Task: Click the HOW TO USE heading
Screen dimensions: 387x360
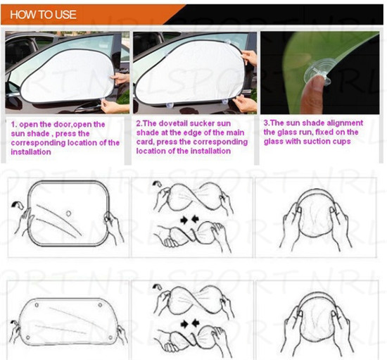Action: click(43, 14)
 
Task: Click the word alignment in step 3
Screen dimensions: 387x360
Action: click(345, 123)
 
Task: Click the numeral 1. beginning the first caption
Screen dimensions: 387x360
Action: click(14, 125)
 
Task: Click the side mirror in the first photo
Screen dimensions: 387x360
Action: click(13, 89)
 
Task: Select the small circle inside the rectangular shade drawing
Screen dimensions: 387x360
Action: click(69, 213)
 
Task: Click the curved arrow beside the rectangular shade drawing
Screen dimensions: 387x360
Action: click(18, 204)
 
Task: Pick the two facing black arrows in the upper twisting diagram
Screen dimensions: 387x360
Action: click(189, 219)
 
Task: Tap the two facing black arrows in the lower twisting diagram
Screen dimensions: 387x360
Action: click(189, 323)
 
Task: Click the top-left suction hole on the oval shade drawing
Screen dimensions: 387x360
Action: click(37, 305)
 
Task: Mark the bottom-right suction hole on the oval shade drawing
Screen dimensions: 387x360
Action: click(110, 337)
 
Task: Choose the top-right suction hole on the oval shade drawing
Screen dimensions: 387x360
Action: click(101, 306)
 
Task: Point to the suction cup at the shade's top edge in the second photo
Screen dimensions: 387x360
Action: click(228, 42)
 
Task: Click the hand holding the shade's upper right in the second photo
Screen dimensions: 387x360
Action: click(249, 57)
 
